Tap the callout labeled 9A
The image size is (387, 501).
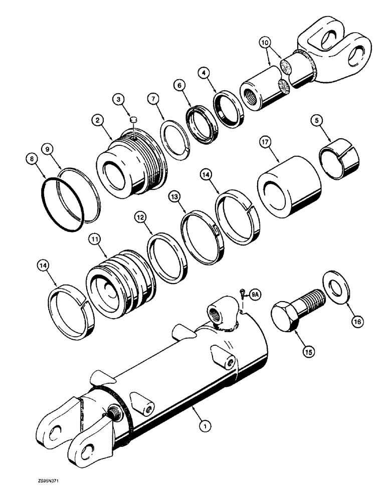[255, 295]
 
